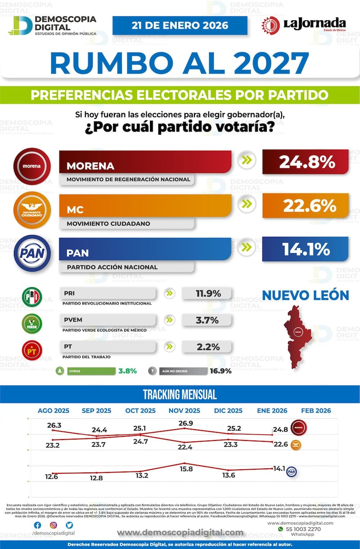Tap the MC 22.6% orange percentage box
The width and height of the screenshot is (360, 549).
[305, 206]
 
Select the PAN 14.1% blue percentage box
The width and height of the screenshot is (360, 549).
[305, 249]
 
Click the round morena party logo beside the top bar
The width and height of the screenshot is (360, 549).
[31, 166]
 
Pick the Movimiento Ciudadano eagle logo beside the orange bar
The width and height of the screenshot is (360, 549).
[31, 210]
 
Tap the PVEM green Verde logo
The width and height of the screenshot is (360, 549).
[31, 323]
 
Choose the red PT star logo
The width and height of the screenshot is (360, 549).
[31, 350]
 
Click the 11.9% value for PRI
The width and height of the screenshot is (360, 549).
[207, 294]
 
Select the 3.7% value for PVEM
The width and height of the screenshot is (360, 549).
[207, 320]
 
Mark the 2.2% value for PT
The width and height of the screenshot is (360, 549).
[207, 347]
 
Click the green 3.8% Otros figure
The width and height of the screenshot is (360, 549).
[127, 372]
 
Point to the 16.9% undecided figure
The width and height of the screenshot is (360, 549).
[220, 372]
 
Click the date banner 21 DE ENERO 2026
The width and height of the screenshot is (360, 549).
[180, 25]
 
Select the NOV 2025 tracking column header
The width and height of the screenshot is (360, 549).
[184, 410]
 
